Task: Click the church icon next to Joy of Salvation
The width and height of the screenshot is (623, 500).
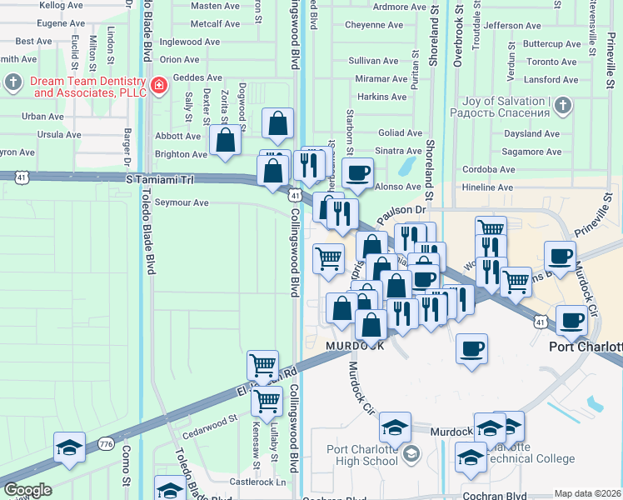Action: (x=563, y=105)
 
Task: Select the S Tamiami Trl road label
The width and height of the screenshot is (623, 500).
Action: (x=159, y=179)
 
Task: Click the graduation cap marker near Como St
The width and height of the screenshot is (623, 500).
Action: (x=69, y=447)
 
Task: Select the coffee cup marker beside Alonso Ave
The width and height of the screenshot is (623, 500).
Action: (x=357, y=172)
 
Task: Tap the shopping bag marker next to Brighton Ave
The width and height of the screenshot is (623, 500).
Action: (x=225, y=139)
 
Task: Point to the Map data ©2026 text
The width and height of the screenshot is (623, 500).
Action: (x=586, y=493)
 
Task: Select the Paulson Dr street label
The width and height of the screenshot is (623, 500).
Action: (x=401, y=216)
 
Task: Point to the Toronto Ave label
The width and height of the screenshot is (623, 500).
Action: (x=551, y=62)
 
